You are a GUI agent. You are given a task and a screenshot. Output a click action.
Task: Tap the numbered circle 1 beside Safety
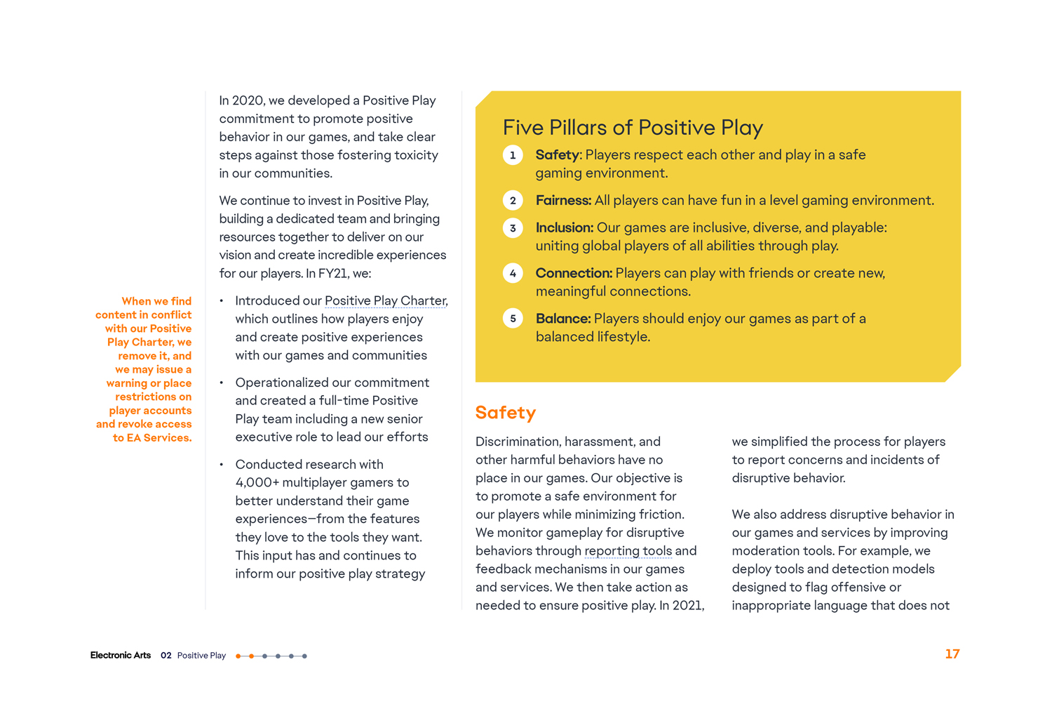pos(513,155)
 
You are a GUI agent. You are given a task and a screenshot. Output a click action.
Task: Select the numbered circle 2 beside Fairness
pos(513,201)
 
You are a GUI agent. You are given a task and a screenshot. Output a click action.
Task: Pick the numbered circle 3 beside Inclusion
pos(513,228)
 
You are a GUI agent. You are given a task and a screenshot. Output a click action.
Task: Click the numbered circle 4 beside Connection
pos(513,274)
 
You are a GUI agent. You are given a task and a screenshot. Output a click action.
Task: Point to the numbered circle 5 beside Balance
pos(513,319)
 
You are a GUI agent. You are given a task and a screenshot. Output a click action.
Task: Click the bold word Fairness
pos(563,201)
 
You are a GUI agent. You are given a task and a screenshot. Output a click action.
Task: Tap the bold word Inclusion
pos(564,228)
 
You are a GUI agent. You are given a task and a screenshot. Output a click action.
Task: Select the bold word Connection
pos(574,274)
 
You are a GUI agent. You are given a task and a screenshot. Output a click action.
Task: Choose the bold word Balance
pos(562,319)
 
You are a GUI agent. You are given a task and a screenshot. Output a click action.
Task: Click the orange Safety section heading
pos(505,413)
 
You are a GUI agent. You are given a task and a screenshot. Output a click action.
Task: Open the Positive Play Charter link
pos(385,301)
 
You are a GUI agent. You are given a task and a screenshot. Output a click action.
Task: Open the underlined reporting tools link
pos(628,551)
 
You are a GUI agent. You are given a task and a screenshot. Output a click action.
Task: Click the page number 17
pos(952,654)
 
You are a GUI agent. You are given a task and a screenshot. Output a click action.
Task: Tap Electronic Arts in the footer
pos(121,656)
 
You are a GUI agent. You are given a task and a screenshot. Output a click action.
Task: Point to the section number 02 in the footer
pos(166,656)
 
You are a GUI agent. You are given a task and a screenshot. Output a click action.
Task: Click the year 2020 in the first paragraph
pos(248,101)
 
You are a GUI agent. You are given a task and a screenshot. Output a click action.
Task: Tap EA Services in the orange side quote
pos(159,438)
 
